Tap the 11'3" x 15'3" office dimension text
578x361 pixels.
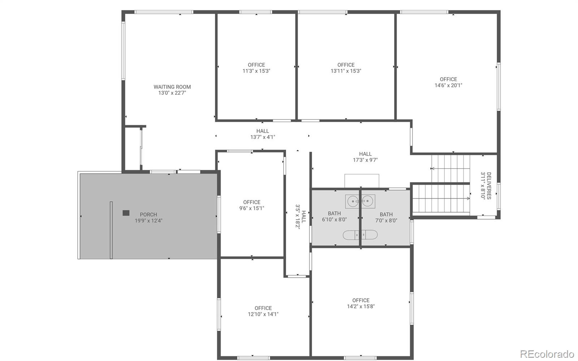pos(256,71)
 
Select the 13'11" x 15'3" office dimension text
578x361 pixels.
pos(346,71)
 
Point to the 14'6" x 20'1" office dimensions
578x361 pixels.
pos(448,85)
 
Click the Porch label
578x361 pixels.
pos(148,215)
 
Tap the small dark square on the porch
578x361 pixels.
pos(126,213)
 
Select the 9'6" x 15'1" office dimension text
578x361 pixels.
pos(252,208)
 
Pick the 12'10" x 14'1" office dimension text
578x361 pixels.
pos(263,314)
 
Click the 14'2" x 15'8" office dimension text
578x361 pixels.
pos(361,307)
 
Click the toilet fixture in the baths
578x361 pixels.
pos(360,235)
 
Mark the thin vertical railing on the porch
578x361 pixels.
pos(111,230)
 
